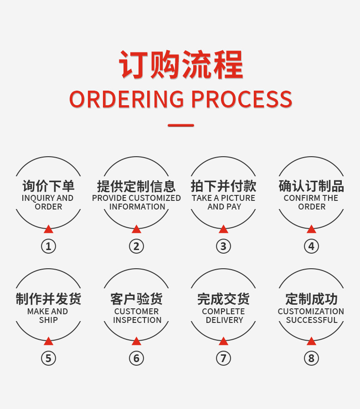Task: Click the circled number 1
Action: [49, 246]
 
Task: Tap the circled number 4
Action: [311, 246]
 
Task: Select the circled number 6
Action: [137, 358]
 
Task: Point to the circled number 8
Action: [311, 358]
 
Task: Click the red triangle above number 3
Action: [223, 229]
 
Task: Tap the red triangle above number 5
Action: [49, 341]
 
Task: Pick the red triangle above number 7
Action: [223, 341]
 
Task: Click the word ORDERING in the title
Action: [127, 99]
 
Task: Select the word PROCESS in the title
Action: [242, 99]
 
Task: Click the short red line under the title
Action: [181, 125]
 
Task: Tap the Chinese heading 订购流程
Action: [181, 65]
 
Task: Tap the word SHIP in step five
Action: [49, 320]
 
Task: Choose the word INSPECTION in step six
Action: [137, 320]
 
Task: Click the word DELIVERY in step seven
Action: [225, 320]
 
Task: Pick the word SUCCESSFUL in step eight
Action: [312, 320]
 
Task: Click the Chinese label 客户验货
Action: [137, 299]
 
